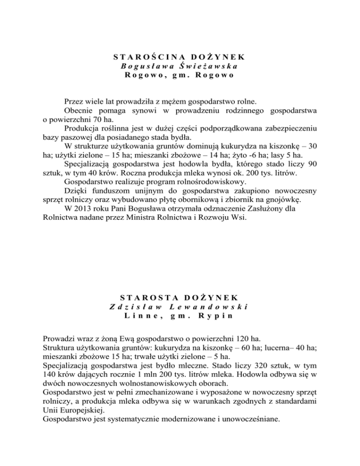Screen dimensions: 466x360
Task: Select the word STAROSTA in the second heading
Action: (x=148, y=298)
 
